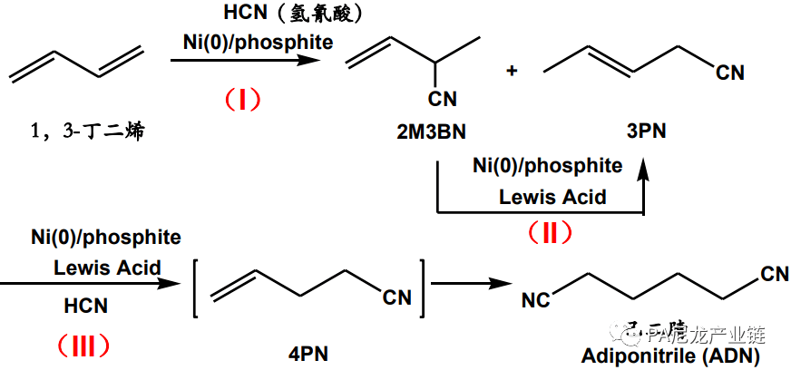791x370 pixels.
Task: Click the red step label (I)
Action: coord(242,98)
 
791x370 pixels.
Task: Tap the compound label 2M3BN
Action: coord(431,132)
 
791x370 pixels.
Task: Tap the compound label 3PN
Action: coord(646,131)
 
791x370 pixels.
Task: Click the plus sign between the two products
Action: coord(512,70)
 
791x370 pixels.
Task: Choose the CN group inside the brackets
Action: coord(396,297)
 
